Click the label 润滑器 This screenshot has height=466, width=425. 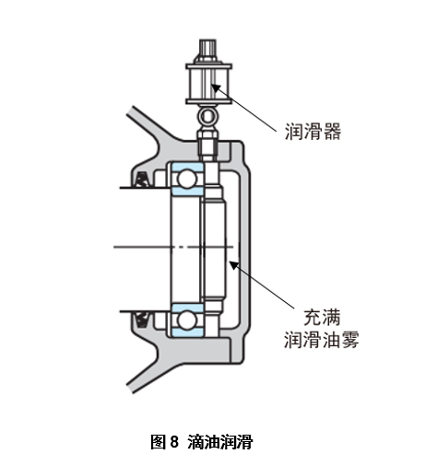pyautogui.click(x=313, y=132)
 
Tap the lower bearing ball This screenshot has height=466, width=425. pyautogui.click(x=187, y=320)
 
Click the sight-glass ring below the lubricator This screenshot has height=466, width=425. pyautogui.click(x=207, y=117)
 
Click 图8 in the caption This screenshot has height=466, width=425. pyautogui.click(x=164, y=441)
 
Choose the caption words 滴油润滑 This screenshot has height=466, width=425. pyautogui.click(x=219, y=441)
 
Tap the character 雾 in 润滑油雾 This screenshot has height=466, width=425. pyautogui.click(x=348, y=341)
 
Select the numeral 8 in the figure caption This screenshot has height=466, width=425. pyautogui.click(x=173, y=441)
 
